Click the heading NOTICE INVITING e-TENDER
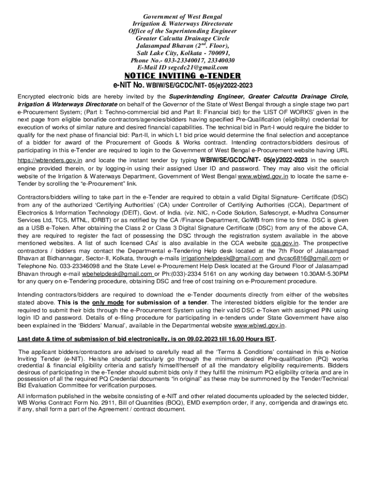pos(183,76)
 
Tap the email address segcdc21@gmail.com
pos(196,68)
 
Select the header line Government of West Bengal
pos(183,17)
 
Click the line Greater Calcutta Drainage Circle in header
pos(183,39)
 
